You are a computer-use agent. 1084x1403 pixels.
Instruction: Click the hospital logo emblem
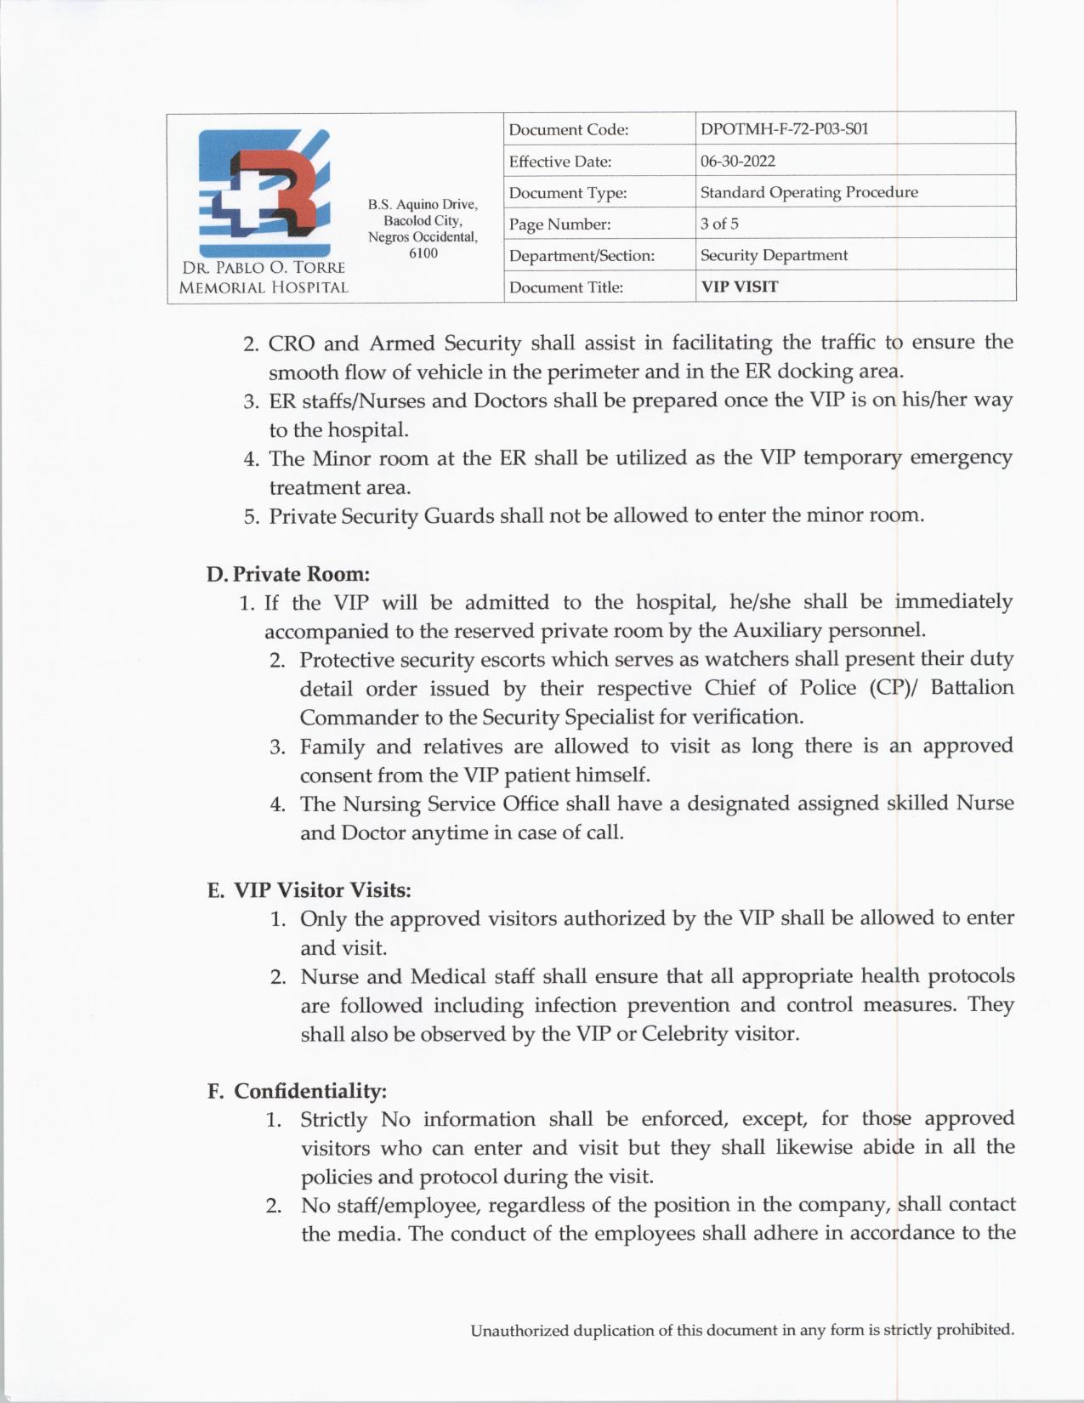point(264,192)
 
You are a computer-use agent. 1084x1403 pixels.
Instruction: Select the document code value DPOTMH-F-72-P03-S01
point(784,129)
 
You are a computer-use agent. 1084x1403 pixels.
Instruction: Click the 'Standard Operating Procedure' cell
point(809,192)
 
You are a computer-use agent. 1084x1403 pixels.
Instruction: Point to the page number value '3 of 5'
point(719,224)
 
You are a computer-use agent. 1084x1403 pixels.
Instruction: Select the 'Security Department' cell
point(774,255)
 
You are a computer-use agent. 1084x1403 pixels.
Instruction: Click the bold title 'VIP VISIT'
point(739,287)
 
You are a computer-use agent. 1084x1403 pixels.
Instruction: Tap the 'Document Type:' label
point(568,193)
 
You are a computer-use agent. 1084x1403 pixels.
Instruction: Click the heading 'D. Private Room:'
point(287,574)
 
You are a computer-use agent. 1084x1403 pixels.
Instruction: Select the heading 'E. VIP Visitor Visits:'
point(309,890)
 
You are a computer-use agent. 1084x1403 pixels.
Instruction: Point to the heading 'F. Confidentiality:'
point(297,1091)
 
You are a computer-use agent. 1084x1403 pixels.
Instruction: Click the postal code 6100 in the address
point(423,253)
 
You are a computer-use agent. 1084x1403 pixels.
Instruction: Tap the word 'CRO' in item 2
point(291,344)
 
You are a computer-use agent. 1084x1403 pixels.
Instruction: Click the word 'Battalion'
point(972,688)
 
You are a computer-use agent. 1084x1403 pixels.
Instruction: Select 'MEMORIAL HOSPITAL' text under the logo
point(264,287)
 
